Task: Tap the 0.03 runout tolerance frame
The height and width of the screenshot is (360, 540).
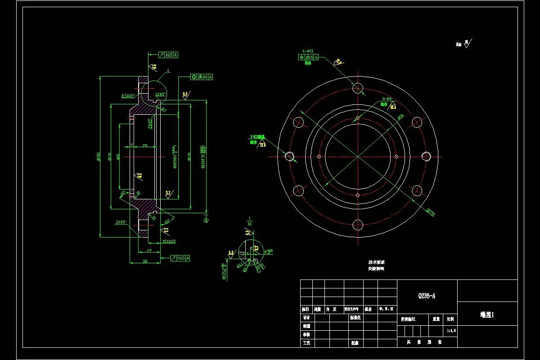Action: (x=180, y=258)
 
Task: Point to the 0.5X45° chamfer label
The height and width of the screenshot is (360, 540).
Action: (x=128, y=96)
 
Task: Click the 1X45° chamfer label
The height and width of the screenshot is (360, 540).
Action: (x=160, y=94)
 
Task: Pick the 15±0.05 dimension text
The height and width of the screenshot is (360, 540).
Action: (x=169, y=242)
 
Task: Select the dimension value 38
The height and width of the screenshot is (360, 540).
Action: (x=145, y=261)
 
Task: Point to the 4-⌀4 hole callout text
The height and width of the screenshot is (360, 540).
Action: (x=387, y=98)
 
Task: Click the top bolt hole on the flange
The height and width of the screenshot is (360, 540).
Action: (x=358, y=87)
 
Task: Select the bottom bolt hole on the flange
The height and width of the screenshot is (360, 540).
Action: (x=358, y=225)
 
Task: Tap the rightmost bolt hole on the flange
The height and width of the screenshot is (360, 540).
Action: (x=427, y=156)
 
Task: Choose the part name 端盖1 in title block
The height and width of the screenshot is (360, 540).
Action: (x=487, y=315)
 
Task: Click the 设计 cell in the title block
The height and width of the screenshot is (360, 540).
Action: (x=306, y=318)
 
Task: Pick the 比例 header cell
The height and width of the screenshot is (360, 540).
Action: (x=450, y=319)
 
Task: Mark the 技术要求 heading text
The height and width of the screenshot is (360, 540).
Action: (x=376, y=262)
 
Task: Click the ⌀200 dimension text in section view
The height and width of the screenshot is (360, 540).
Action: (x=98, y=156)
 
